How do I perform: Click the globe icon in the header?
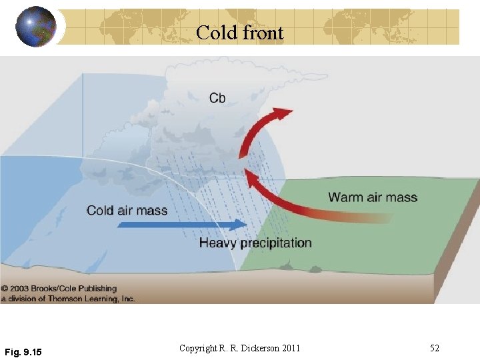point(36,27)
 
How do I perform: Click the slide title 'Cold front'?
point(240,33)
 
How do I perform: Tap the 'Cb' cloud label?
point(217,98)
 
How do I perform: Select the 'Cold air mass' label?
point(127,211)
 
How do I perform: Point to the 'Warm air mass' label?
point(373,197)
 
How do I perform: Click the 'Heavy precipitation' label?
point(255,243)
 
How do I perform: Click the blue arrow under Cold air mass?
point(180,225)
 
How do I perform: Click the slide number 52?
point(435,348)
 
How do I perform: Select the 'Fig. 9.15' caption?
point(23,351)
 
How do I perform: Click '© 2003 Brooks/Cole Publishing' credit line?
point(59,289)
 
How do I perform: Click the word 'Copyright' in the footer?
point(197,348)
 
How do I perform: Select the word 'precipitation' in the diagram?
point(276,243)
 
